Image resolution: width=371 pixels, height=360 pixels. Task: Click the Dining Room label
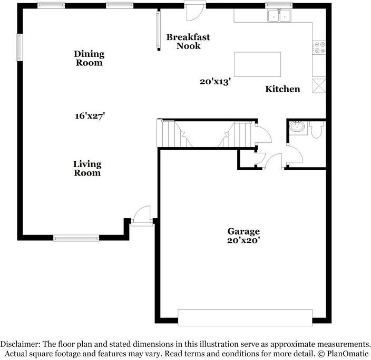(89, 58)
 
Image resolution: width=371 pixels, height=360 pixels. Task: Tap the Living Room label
(87, 169)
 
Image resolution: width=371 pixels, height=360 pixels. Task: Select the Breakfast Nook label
(188, 41)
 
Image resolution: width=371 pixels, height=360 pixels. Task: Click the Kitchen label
(282, 89)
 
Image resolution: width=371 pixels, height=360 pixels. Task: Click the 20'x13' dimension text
(216, 82)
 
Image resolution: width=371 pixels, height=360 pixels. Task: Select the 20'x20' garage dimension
(243, 240)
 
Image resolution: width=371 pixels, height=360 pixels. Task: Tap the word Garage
(243, 231)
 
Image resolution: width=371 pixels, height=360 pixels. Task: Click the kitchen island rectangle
(257, 64)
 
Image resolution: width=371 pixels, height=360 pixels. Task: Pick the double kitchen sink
(279, 16)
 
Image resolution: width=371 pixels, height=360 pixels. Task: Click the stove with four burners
(319, 48)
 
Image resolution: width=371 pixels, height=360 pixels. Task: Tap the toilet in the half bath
(317, 130)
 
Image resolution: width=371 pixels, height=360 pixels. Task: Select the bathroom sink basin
(296, 127)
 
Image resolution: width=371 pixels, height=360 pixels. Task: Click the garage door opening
(245, 317)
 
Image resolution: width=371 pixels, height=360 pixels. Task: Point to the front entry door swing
(142, 216)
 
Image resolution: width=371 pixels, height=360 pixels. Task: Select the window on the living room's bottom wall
(76, 238)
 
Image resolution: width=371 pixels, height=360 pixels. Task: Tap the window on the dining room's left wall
(19, 47)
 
